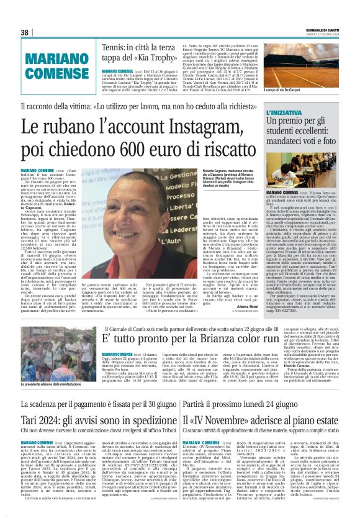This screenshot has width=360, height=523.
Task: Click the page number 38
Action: tap(25, 32)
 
